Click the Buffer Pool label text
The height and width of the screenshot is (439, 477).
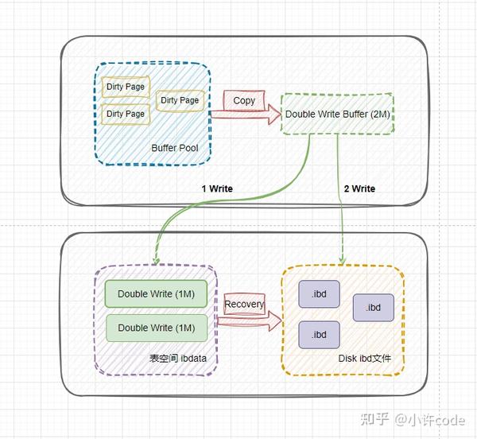pyautogui.click(x=175, y=148)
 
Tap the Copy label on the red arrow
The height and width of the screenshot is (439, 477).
pyautogui.click(x=244, y=100)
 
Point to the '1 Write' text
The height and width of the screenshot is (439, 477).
pyautogui.click(x=216, y=188)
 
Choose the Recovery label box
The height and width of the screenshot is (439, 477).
pyautogui.click(x=244, y=304)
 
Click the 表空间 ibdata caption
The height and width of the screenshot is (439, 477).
pyautogui.click(x=178, y=359)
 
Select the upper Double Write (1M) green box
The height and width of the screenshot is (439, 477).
pyautogui.click(x=156, y=293)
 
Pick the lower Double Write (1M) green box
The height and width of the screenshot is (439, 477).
pyautogui.click(x=156, y=328)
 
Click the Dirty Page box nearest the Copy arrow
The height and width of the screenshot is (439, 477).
pyautogui.click(x=180, y=100)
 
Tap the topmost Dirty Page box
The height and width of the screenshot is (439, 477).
pyautogui.click(x=126, y=86)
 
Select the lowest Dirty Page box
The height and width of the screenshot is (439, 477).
pyautogui.click(x=126, y=114)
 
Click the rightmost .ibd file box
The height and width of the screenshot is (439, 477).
pyautogui.click(x=373, y=307)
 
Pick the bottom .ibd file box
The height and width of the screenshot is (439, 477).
pyautogui.click(x=319, y=335)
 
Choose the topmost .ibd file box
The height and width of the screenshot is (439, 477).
pyautogui.click(x=319, y=293)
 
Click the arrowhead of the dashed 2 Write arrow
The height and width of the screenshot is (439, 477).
pyautogui.click(x=342, y=260)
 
